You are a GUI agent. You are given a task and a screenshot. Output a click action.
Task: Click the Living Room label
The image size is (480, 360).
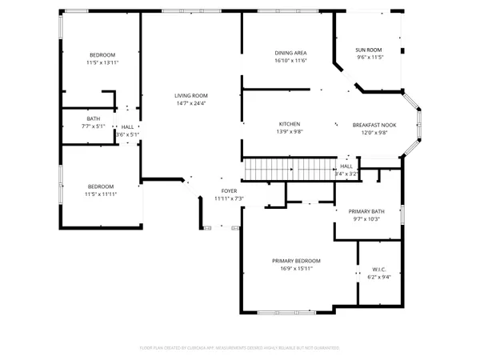pos(191,95)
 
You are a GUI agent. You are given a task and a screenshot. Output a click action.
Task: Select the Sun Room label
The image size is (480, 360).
pos(369,49)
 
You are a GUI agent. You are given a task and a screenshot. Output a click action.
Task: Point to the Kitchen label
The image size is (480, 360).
pos(289,124)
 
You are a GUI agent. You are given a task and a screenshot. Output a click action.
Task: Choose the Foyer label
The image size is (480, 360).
pos(228,190)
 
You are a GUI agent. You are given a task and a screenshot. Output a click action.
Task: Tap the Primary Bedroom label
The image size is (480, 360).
pos(296,261)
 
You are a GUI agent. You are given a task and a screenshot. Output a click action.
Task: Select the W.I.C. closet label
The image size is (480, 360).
pos(379,269)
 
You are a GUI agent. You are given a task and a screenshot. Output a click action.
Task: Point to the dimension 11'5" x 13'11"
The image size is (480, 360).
pos(103,61)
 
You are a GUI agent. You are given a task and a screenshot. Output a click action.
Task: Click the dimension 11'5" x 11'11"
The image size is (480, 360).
pos(102,194)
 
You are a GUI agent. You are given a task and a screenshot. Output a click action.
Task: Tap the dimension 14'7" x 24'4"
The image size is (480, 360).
pos(191,103)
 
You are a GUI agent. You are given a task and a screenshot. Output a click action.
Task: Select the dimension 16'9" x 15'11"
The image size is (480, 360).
pos(296,269)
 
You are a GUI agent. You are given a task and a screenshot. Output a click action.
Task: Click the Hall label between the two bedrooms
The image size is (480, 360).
pos(127,126)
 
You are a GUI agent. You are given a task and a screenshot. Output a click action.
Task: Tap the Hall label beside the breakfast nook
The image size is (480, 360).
pos(346,166)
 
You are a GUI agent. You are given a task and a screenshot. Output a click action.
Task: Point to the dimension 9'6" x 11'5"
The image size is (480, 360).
pos(369,57)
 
